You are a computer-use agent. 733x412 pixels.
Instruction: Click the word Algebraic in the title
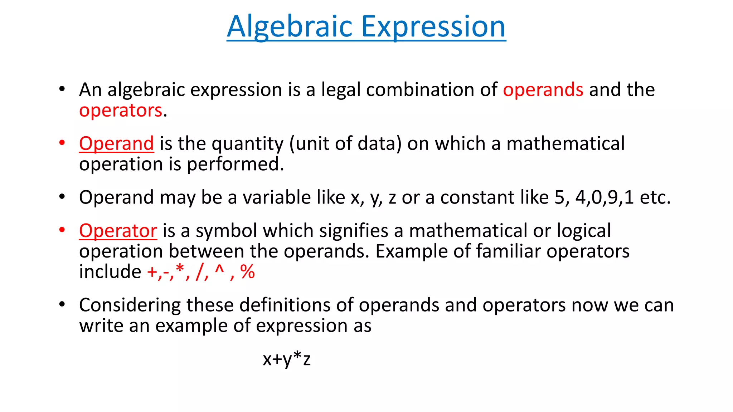coord(290,27)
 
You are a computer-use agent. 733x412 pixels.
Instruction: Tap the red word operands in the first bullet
coord(543,90)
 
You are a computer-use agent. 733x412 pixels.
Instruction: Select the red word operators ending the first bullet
coord(121,111)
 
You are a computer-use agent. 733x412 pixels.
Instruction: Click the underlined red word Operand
coord(116,144)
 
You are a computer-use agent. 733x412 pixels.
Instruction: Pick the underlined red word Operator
coord(118,231)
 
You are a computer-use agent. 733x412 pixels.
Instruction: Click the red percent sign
coord(247,272)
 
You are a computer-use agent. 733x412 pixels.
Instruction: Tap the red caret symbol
coord(219,269)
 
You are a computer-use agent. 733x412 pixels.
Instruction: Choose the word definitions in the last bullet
coord(287,305)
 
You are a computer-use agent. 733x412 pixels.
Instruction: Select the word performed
coord(235,165)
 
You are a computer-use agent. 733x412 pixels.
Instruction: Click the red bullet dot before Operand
coord(62,143)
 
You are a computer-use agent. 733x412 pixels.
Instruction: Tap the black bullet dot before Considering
coord(62,304)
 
